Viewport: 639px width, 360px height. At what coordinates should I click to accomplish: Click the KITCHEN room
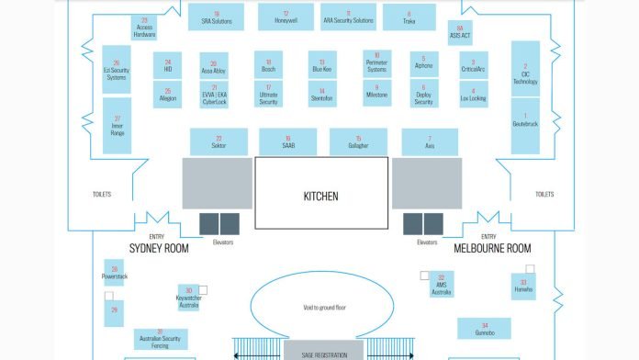320,195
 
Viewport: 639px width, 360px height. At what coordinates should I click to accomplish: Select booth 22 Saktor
219,141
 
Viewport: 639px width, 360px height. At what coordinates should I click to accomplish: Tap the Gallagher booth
358,141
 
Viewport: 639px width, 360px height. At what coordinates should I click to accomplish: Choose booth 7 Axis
430,141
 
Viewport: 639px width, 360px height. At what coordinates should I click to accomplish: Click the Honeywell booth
286,17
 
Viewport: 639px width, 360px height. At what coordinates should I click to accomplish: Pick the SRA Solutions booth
217,17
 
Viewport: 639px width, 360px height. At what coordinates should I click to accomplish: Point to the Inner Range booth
117,126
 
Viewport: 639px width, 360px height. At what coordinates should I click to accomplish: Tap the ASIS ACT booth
460,31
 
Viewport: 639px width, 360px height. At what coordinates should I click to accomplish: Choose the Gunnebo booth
485,329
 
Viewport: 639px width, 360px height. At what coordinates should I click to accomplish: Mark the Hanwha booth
523,287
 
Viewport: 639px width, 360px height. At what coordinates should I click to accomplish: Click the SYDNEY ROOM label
158,249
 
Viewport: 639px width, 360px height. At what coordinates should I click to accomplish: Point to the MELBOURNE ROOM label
492,249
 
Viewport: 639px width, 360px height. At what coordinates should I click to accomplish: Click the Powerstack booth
115,273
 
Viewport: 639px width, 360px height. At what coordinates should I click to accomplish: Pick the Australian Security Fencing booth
160,338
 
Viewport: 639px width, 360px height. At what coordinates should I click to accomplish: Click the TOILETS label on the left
102,195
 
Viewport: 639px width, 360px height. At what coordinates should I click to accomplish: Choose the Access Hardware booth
144,28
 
